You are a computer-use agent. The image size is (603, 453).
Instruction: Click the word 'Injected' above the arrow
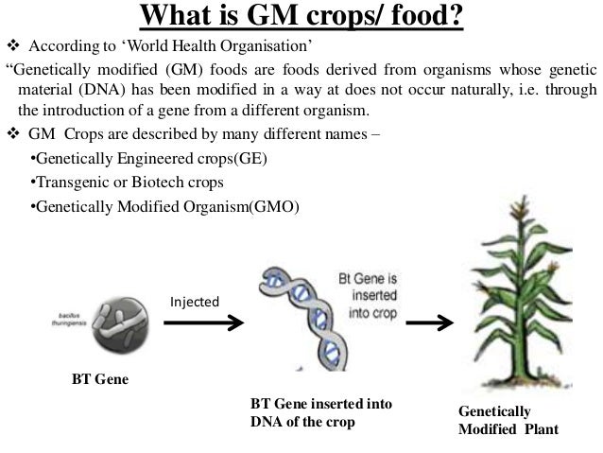point(194,302)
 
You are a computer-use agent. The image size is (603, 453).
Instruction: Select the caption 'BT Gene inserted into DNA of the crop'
point(320,412)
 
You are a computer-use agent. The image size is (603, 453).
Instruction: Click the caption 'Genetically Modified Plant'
point(508,421)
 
